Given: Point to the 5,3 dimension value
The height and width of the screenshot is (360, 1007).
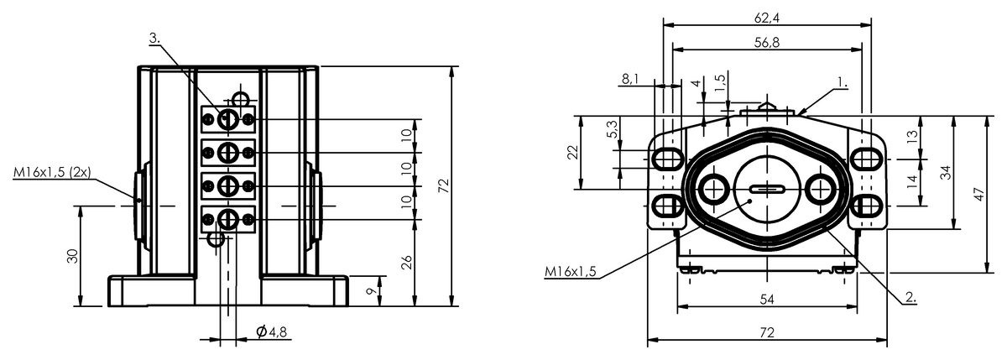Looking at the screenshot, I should [611, 129].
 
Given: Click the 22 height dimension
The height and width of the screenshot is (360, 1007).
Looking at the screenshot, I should [572, 152].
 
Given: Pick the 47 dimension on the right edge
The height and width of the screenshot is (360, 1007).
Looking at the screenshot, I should [979, 194].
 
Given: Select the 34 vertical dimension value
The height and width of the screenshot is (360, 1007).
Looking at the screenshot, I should [946, 172].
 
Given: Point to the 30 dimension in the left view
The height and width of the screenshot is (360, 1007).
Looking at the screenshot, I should [73, 256].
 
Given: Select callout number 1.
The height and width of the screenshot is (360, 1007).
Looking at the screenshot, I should [842, 84].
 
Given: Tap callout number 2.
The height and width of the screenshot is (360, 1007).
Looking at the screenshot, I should [909, 297].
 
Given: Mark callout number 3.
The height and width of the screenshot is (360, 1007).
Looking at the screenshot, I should [154, 39].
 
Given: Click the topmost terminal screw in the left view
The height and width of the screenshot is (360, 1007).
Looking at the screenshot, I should [227, 120].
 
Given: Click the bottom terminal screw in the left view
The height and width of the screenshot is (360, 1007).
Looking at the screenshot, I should [227, 219].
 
